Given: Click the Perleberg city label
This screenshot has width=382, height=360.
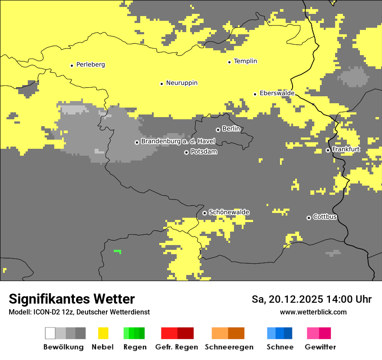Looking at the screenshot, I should [90, 65].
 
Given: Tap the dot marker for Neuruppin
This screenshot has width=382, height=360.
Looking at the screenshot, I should [161, 83].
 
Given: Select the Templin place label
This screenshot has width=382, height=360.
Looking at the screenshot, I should [245, 61].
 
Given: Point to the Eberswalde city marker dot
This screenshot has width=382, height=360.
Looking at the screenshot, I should [255, 94].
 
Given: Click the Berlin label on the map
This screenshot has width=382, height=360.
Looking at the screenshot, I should [231, 129].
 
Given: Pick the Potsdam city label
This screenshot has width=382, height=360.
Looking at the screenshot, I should [204, 152].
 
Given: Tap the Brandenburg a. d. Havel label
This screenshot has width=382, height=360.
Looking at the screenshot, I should [178, 141].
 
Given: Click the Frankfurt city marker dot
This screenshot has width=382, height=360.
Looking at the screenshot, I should [328, 150].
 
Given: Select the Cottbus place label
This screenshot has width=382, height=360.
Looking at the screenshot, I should [325, 217].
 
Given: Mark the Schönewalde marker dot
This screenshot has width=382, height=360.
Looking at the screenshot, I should [204, 213].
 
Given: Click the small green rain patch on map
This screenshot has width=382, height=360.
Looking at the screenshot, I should [117, 251].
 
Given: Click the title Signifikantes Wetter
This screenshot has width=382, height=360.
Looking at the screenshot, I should [72, 299].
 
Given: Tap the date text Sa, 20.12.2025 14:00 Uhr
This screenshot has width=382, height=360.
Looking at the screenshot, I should [311, 299].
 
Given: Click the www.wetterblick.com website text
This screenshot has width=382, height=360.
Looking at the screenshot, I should [313, 312].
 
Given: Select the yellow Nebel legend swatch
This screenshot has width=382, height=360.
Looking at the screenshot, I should [103, 333].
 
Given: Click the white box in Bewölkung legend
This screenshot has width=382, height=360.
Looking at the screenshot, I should [50, 333].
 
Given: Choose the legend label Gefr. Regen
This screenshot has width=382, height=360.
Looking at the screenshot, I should [176, 347].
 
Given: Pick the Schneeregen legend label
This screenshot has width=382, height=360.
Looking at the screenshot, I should [229, 347].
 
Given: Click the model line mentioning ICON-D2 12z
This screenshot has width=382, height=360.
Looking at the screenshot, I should [79, 312].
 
